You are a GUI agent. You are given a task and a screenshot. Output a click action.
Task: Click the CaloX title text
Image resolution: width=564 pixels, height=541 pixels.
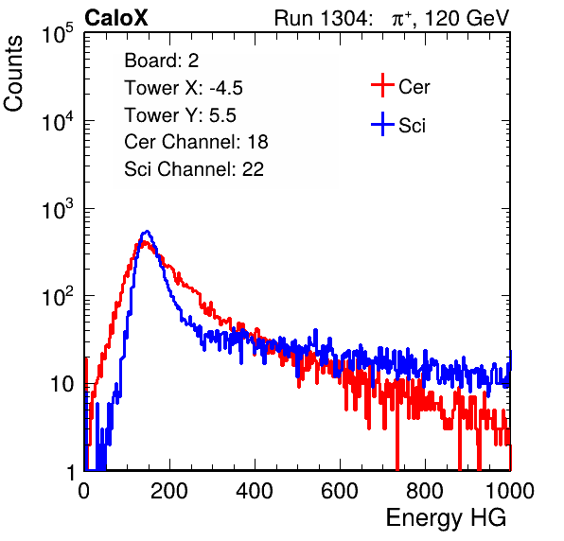(x=116, y=18)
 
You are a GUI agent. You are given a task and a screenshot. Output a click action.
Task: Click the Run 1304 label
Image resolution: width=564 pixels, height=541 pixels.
(x=321, y=18)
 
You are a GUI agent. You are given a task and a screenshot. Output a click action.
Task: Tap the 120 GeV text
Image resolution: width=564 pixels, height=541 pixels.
(x=467, y=18)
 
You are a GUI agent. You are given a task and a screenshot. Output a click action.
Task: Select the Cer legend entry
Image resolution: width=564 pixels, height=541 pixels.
(x=400, y=86)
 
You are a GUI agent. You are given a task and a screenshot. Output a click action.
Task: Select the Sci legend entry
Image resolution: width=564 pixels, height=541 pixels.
(x=398, y=125)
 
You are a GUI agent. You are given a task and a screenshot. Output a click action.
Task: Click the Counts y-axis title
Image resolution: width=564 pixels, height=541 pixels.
(x=13, y=74)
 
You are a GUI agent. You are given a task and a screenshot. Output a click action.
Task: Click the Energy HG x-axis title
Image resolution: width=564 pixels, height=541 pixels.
(x=446, y=517)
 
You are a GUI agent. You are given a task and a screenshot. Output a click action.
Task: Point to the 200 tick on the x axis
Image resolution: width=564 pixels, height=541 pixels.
(x=169, y=491)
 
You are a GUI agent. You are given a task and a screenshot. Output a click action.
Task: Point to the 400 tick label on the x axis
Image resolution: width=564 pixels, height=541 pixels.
(x=255, y=491)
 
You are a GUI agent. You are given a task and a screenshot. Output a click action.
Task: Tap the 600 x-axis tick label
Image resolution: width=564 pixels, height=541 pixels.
(x=340, y=491)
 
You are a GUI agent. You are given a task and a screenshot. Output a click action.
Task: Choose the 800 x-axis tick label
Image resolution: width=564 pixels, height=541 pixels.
(x=425, y=491)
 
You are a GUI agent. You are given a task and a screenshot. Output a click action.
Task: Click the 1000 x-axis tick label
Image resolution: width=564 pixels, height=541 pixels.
(x=510, y=491)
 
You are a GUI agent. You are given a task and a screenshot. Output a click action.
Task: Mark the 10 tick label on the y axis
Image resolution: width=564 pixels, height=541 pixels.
(x=62, y=384)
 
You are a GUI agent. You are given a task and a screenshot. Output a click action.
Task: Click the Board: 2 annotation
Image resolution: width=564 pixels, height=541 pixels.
(x=162, y=61)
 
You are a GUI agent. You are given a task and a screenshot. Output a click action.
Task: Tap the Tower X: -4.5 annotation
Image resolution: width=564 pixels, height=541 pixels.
(x=184, y=88)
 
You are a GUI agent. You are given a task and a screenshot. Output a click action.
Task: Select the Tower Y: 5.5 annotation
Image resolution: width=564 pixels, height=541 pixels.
(x=180, y=115)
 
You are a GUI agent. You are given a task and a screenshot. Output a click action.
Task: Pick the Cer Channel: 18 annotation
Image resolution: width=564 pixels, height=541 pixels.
(x=196, y=142)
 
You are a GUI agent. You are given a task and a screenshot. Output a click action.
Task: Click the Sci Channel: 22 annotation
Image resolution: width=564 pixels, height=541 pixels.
(x=194, y=169)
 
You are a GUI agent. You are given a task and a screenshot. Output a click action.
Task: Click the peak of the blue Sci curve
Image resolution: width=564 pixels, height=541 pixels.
(x=147, y=231)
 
